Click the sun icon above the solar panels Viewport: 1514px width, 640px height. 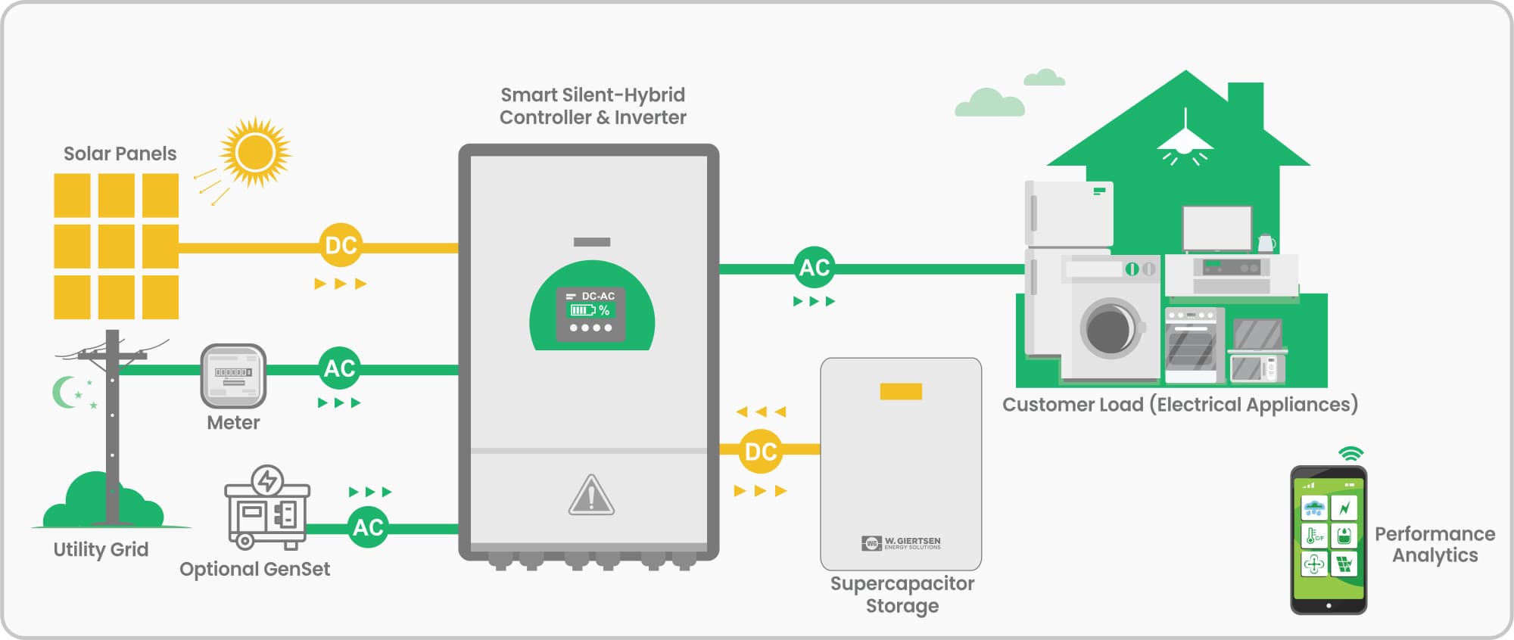[255, 152]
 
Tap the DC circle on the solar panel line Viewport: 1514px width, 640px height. [341, 245]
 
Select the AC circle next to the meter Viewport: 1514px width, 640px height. [339, 368]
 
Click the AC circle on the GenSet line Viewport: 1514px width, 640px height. [368, 527]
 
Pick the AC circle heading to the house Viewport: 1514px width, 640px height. [815, 267]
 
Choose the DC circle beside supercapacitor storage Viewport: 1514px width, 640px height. [760, 452]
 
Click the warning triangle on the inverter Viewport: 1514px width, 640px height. [591, 496]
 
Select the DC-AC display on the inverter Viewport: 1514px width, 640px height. [591, 313]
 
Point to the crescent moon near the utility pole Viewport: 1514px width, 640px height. [65, 392]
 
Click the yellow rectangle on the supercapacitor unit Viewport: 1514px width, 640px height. [900, 391]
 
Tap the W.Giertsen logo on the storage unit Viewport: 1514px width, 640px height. [901, 543]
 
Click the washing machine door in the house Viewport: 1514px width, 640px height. [1111, 328]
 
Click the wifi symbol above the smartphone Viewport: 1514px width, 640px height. [1350, 454]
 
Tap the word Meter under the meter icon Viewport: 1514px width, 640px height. [233, 423]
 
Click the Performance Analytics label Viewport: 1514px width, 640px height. [1435, 545]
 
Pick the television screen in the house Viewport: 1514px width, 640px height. [1217, 228]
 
